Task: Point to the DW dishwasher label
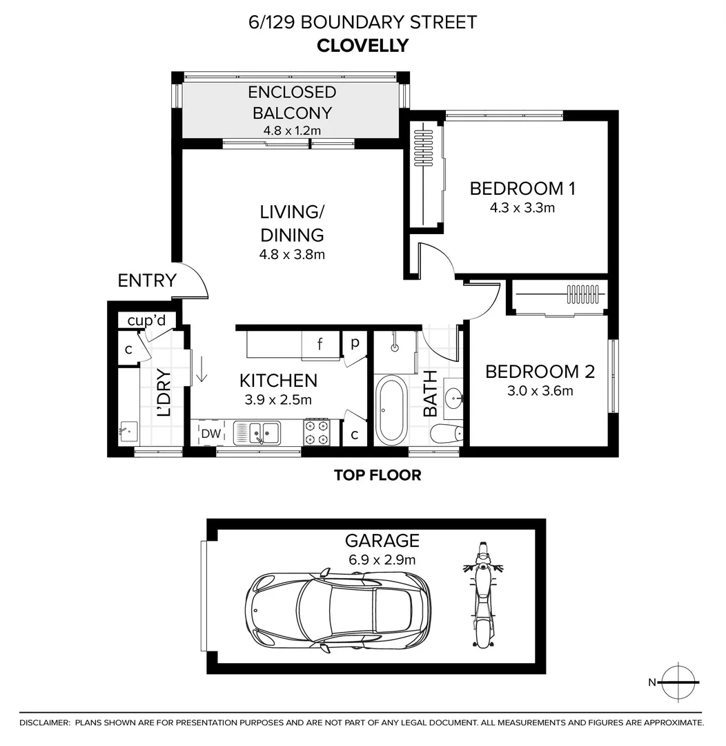coord(210,434)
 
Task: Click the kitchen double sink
coord(257,433)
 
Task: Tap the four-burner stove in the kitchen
coord(317,432)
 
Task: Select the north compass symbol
coord(678,682)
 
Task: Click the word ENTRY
coord(147,280)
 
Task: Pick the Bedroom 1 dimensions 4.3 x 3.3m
coord(522,207)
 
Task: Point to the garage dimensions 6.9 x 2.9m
coord(382,559)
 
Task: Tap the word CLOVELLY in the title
coord(362,46)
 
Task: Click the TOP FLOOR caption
coord(377,475)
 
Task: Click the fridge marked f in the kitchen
coord(320,345)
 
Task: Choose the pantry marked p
coord(355,343)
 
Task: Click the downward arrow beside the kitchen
coord(202,368)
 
